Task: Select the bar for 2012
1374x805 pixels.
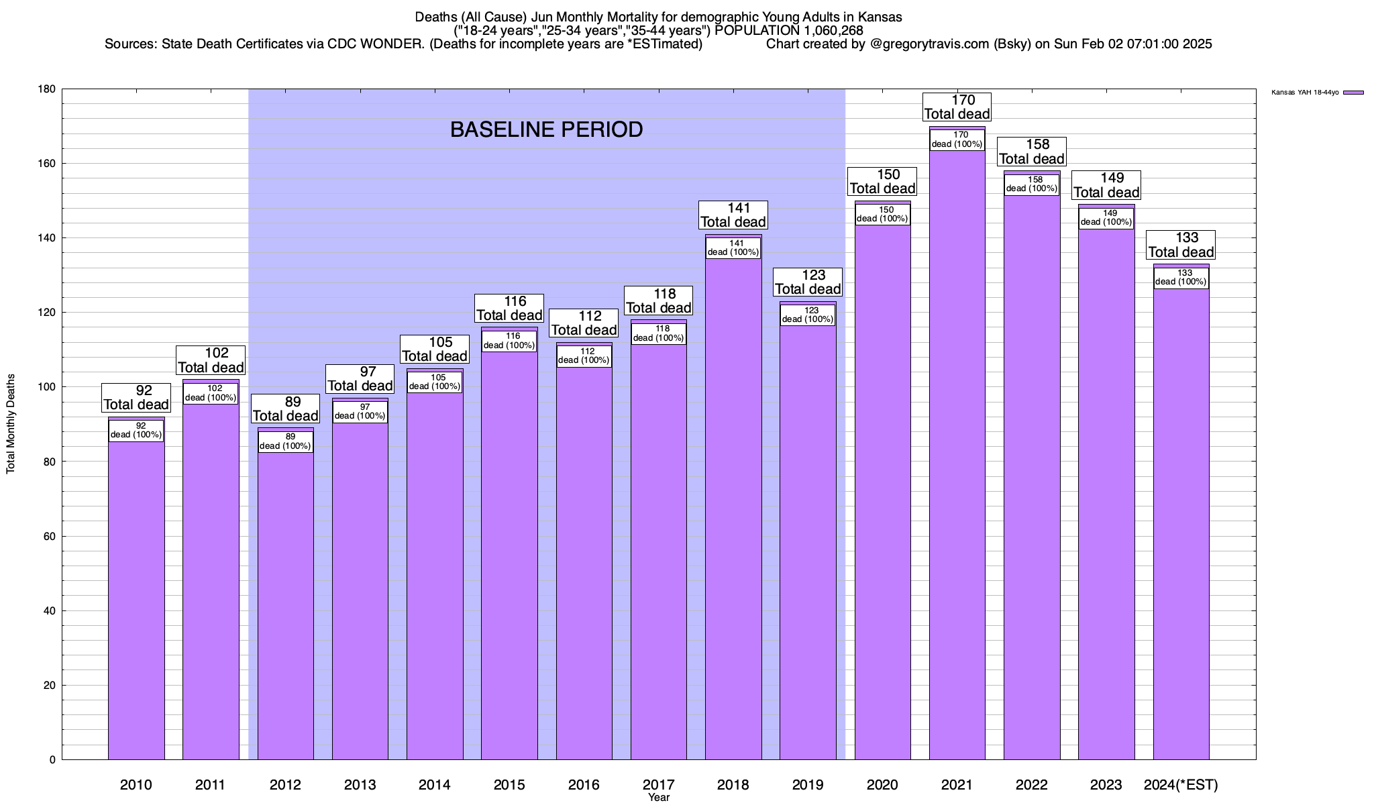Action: point(285,604)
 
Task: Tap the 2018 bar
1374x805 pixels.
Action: point(733,510)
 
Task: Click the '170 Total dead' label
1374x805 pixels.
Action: point(957,107)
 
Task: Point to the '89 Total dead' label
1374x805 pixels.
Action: point(285,409)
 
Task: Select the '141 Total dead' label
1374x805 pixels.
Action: point(733,215)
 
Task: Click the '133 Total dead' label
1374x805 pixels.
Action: point(1181,245)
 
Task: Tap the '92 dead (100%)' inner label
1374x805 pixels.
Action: point(136,430)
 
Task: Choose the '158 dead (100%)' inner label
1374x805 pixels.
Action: point(1032,184)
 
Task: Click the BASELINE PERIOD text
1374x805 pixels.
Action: point(546,129)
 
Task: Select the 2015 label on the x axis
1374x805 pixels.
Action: point(509,784)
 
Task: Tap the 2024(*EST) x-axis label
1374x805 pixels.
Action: point(1181,784)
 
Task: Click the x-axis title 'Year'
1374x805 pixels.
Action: point(659,798)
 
